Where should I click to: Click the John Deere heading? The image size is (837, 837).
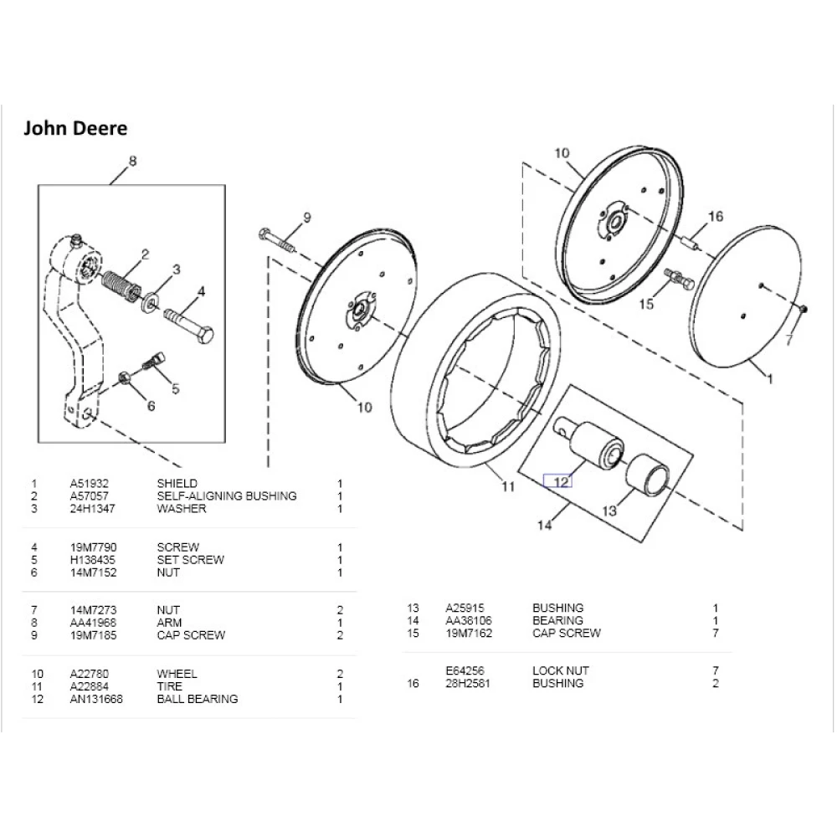click(74, 128)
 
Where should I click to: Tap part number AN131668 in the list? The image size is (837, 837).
click(96, 699)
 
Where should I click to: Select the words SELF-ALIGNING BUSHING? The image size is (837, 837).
click(226, 496)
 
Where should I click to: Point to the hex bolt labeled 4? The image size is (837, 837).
click(189, 326)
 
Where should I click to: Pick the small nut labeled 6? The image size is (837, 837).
click(123, 377)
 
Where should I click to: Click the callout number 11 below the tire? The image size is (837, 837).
click(508, 486)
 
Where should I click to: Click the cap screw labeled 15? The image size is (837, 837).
click(678, 279)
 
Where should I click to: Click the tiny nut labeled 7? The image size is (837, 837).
click(802, 309)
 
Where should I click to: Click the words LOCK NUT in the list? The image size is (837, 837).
click(560, 670)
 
